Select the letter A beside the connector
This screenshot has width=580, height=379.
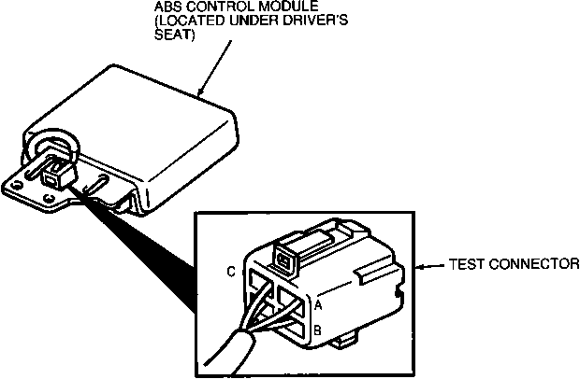(319, 305)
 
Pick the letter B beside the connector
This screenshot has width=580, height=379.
(319, 329)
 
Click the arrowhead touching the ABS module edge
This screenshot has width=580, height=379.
(201, 91)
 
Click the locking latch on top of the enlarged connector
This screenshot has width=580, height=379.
(286, 255)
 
